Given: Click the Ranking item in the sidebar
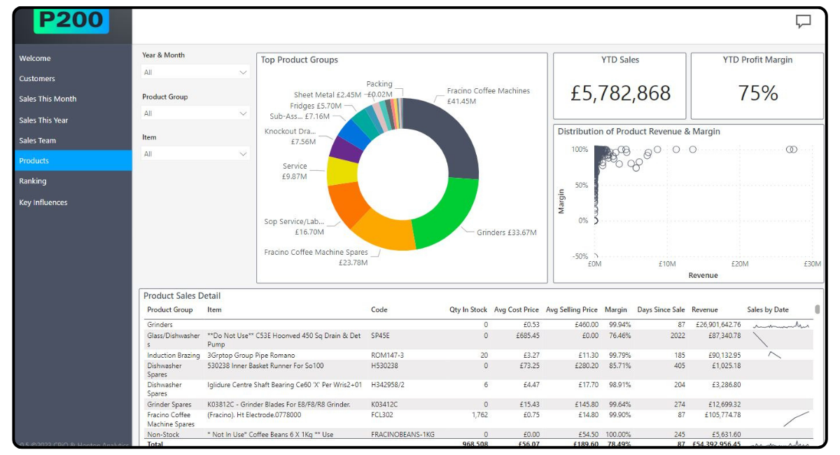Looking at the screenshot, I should coord(33,181).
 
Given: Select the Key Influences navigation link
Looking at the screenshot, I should coord(43,202).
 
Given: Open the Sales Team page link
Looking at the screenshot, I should coord(38,141).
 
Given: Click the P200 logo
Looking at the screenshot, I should coord(71,20).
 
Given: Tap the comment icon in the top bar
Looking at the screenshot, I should coord(803,22).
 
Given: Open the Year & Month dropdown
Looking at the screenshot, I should coord(195,72).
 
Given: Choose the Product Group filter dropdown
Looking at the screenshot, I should coord(195,113).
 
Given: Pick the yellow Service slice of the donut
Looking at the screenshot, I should coord(342,171).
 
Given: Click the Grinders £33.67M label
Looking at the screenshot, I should coord(506,232).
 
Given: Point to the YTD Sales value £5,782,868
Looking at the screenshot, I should coord(620,93).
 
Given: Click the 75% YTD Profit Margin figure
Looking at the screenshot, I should coord(758,93).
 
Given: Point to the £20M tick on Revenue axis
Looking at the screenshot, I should coord(740,264).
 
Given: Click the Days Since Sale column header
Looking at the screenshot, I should coord(661,309).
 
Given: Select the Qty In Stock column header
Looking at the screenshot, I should coord(468,309).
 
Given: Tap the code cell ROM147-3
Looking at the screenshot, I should coord(387,356).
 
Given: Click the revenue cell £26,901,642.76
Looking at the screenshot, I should coord(715,325).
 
